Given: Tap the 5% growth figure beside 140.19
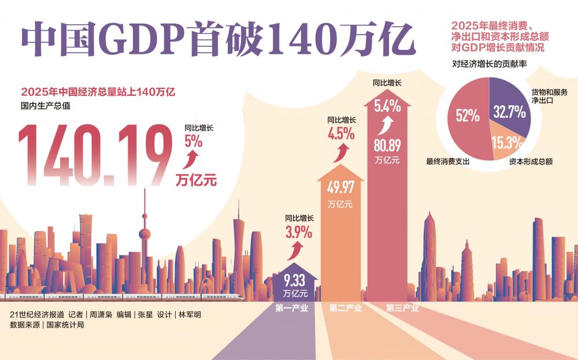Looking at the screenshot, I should (194, 140).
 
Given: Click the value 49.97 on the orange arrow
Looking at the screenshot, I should (340, 188).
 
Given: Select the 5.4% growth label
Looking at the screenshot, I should (387, 106).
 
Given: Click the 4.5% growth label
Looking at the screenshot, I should (340, 134).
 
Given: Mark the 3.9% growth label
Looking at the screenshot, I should (299, 232).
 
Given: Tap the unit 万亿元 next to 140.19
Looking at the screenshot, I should (196, 180).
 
